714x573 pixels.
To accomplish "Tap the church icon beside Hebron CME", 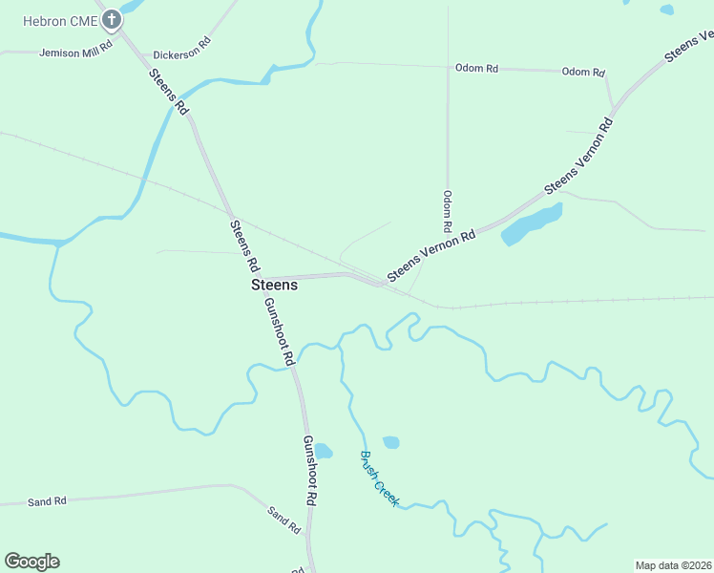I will (x=112, y=18).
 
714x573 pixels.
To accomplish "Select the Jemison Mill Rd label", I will (x=76, y=50).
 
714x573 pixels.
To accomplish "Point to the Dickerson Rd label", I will (x=181, y=50).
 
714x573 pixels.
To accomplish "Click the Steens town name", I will (x=274, y=285).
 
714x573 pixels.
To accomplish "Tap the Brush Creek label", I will (x=379, y=478).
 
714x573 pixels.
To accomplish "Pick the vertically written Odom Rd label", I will (x=447, y=212).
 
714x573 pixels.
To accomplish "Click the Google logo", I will (x=31, y=562).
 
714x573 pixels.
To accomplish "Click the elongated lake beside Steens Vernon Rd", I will (x=531, y=224).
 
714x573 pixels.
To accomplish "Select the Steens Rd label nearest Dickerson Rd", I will (x=169, y=92).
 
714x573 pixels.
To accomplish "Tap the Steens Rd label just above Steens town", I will (x=244, y=244).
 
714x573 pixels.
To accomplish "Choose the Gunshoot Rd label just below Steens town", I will (x=279, y=330).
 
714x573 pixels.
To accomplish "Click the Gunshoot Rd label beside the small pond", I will (x=309, y=470).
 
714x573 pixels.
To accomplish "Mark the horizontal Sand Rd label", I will (x=47, y=501).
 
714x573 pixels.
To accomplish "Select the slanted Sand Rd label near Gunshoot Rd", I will (x=284, y=520).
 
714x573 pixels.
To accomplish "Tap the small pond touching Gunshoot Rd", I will (x=323, y=451).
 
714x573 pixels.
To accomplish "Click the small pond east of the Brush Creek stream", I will (x=390, y=442).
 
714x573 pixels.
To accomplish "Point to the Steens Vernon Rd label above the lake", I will (x=578, y=156).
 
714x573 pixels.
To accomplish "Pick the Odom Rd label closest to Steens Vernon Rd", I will (x=583, y=73).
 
